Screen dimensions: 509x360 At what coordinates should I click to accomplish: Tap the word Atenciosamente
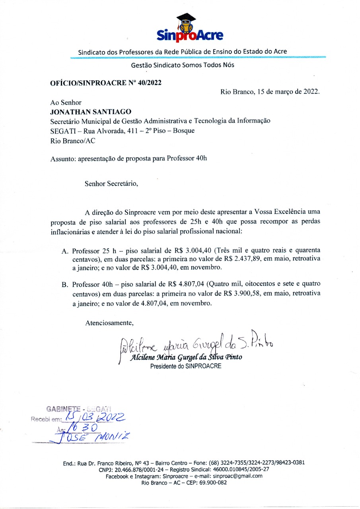click(x=109, y=322)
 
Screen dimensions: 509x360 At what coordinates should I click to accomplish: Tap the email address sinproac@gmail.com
click(x=237, y=476)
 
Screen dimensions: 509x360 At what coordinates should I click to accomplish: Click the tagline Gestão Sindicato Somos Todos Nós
click(x=183, y=65)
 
